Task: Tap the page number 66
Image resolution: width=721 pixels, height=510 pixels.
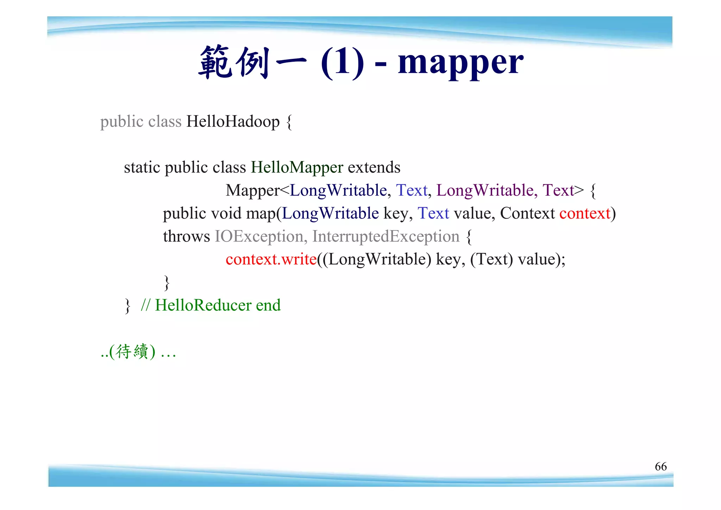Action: (x=660, y=466)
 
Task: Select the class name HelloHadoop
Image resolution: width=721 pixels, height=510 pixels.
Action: (x=233, y=122)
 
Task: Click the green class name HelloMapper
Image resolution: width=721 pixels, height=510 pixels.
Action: (x=297, y=167)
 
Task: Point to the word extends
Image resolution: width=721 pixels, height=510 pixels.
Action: (x=374, y=167)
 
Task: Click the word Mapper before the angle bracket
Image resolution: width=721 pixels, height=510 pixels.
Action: (x=252, y=191)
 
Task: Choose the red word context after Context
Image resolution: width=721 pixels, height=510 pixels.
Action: (x=585, y=214)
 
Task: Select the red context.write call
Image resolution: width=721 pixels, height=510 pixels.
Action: (x=271, y=259)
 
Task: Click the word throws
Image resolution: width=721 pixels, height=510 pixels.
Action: (x=186, y=236)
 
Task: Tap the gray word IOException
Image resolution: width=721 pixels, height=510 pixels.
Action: (x=259, y=236)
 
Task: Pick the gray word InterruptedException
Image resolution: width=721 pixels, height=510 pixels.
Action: (x=386, y=236)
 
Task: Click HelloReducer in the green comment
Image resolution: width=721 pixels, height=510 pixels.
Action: (x=203, y=305)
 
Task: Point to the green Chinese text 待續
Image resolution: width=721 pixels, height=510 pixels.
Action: (x=132, y=351)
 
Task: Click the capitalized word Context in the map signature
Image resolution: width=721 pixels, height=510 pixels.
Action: (x=527, y=214)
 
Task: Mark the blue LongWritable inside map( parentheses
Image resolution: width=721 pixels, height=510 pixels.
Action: (x=330, y=214)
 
